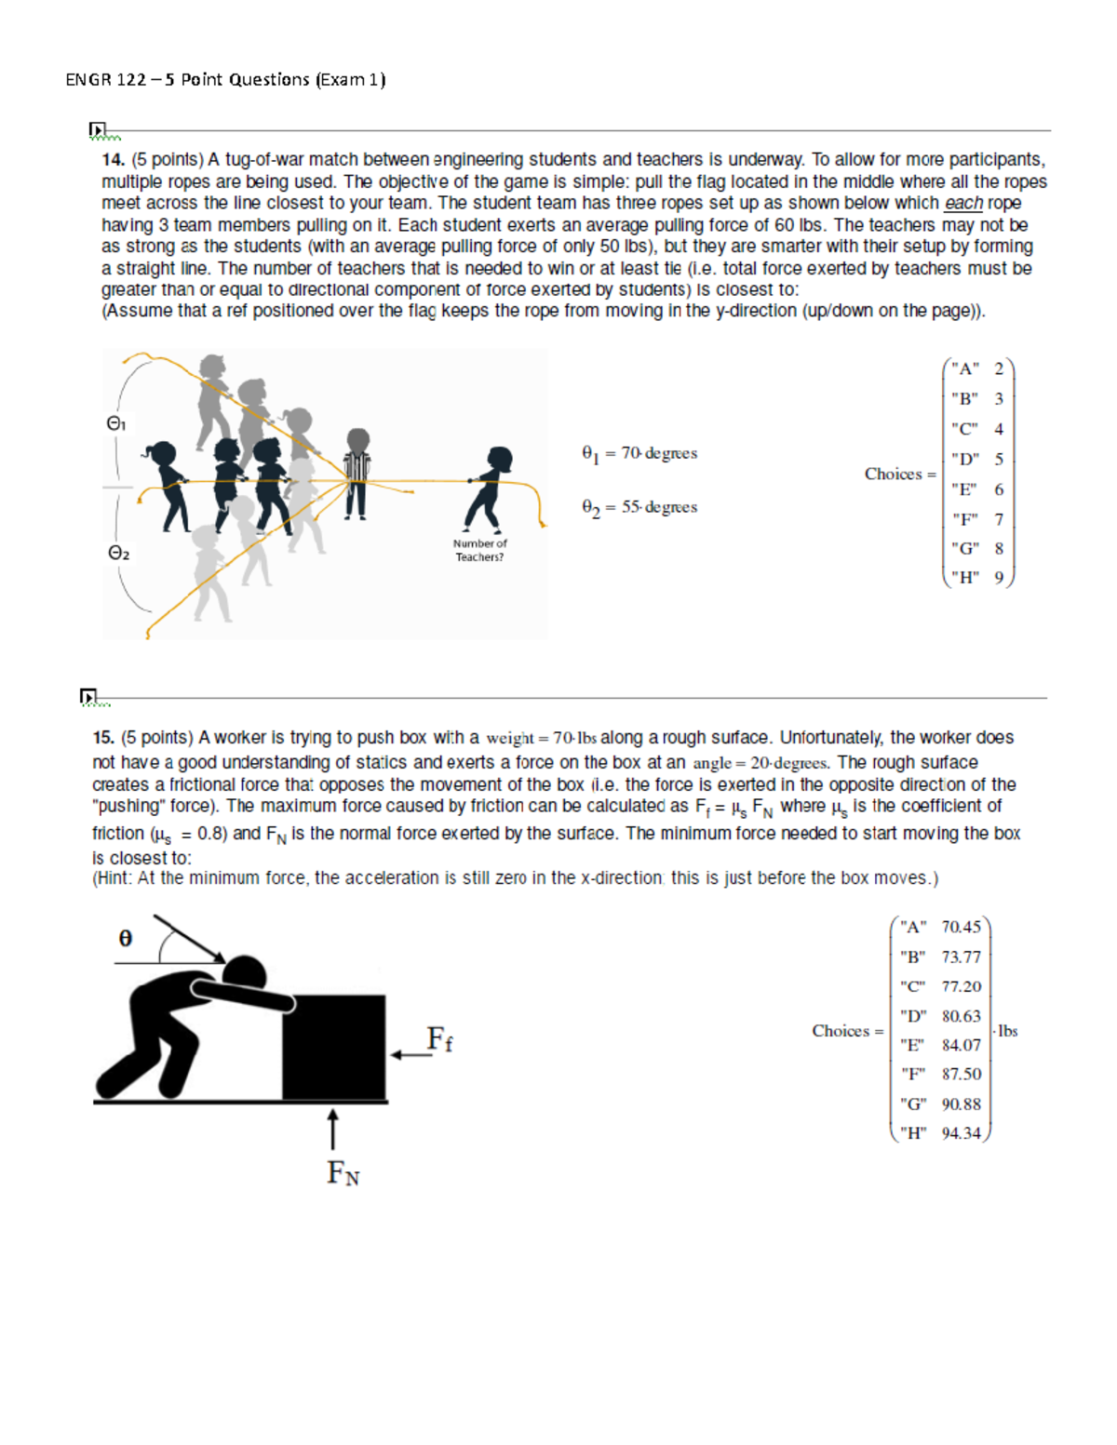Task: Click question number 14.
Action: (113, 160)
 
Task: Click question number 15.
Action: (103, 738)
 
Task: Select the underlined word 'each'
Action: (963, 203)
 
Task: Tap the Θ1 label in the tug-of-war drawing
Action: (116, 424)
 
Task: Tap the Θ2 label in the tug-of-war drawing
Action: (118, 554)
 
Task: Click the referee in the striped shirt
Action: (357, 473)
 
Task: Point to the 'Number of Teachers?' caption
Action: (479, 551)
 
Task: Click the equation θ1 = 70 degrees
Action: (639, 454)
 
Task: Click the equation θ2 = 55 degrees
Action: (639, 508)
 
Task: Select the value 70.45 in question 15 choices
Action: (961, 928)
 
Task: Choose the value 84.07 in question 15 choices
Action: (961, 1046)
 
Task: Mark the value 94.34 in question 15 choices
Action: (961, 1133)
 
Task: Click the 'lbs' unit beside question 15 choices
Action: (1007, 1032)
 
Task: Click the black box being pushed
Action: (334, 1048)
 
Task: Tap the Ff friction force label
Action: (439, 1039)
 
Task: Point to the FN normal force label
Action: (343, 1173)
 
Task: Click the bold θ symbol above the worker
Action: (126, 939)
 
